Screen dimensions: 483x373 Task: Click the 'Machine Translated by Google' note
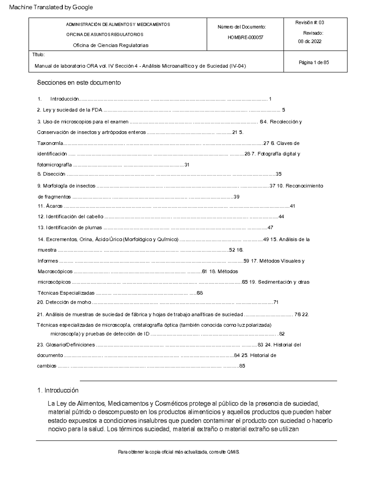tap(51, 7)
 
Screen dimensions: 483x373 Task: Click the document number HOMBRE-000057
tap(245, 37)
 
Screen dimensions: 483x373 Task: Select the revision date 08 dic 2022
tap(310, 41)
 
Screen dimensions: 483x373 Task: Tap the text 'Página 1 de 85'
tap(314, 63)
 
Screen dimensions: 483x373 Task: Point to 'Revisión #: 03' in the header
tap(310, 22)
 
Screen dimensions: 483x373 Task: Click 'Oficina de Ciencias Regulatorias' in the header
tap(110, 45)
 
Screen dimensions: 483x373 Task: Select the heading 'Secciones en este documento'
tap(79, 83)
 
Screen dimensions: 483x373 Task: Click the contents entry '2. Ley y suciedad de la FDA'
tap(69, 110)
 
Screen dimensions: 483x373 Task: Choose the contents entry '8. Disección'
tap(51, 174)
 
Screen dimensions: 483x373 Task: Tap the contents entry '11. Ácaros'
tap(50, 206)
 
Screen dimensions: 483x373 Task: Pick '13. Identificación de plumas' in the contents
tap(70, 228)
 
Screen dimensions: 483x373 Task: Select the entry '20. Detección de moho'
tap(64, 302)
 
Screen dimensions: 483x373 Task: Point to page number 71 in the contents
tap(276, 302)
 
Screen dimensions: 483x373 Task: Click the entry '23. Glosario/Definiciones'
tap(66, 345)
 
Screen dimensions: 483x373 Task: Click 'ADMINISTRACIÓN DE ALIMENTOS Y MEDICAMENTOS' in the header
tap(118, 25)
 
